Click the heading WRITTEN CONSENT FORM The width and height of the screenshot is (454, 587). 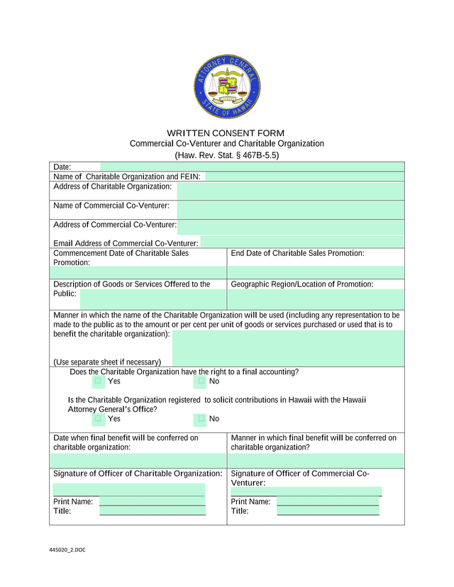[x=226, y=133]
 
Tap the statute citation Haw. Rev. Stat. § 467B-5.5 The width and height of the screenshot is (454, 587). [x=226, y=155]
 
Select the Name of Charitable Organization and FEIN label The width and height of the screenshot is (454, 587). [x=127, y=177]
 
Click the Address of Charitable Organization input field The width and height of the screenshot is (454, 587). [x=290, y=191]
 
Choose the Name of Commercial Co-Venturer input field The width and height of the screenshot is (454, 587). [x=290, y=209]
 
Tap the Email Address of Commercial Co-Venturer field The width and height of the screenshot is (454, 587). [x=301, y=242]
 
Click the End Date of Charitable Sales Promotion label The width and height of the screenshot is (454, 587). [x=298, y=253]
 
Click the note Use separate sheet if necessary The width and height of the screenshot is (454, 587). [x=107, y=362]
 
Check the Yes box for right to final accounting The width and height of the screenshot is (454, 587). [x=99, y=381]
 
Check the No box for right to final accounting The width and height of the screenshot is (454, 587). [x=201, y=381]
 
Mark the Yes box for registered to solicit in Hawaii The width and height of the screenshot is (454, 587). [x=99, y=418]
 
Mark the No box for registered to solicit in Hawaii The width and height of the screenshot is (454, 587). [x=201, y=418]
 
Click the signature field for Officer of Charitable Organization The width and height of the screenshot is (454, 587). [x=128, y=488]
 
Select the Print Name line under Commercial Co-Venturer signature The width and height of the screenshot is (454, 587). [x=328, y=501]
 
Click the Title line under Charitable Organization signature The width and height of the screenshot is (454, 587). [x=152, y=510]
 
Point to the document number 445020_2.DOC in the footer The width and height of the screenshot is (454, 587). [x=67, y=550]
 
